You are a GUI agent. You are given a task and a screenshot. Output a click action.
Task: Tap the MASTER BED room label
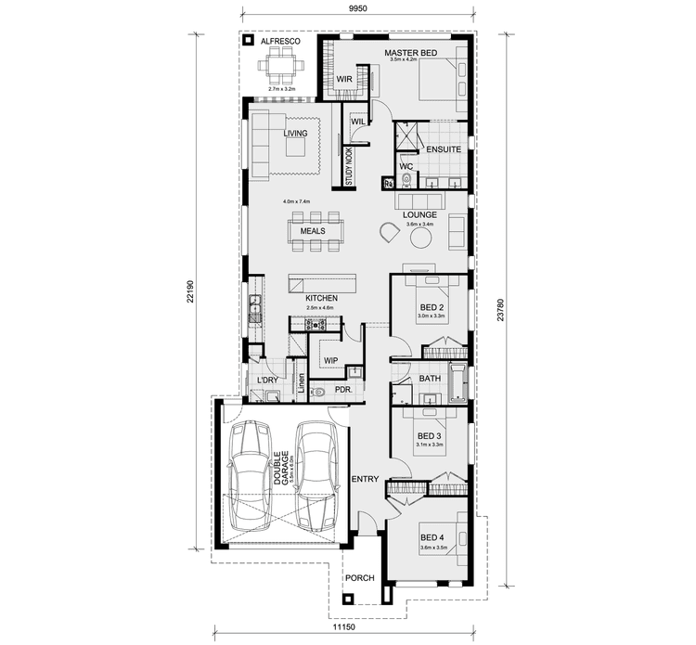[x=410, y=53]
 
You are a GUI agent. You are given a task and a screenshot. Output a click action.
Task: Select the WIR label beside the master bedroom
[x=342, y=80]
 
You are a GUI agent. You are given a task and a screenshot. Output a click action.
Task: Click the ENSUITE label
[x=437, y=148]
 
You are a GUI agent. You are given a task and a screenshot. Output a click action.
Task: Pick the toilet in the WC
[x=406, y=183]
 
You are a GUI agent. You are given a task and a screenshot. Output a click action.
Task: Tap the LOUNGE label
[x=419, y=214]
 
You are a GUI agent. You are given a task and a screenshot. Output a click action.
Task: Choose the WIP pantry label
[x=329, y=359]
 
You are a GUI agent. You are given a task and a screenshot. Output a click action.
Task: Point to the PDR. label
[x=343, y=392]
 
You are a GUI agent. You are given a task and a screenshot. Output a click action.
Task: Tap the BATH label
[x=430, y=379]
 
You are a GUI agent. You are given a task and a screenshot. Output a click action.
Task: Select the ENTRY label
[x=365, y=479]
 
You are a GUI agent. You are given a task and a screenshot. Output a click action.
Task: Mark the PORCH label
[x=360, y=577]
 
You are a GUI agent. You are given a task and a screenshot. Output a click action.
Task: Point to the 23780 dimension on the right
[x=501, y=314]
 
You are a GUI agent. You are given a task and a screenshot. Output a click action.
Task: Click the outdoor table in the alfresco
[x=278, y=65]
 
